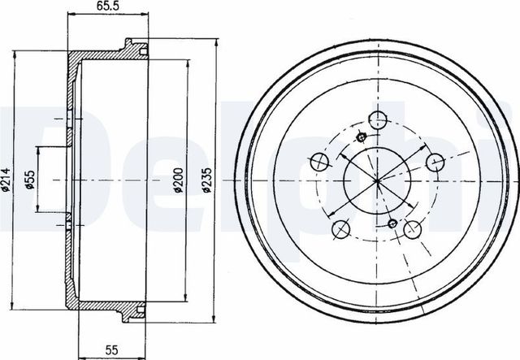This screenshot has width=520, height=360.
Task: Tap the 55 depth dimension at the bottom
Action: click(111, 349)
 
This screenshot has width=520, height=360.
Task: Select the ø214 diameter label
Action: click(6, 180)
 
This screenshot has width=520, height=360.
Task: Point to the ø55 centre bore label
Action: click(30, 180)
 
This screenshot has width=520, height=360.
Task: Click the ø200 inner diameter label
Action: click(179, 180)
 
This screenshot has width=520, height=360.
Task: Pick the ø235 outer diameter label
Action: click(206, 180)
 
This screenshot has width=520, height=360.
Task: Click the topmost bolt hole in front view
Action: click(378, 120)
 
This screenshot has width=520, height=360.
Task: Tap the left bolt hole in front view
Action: click(320, 162)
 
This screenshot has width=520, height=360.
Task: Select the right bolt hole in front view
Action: click(435, 162)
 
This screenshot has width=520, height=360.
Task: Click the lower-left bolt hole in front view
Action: click(341, 229)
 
